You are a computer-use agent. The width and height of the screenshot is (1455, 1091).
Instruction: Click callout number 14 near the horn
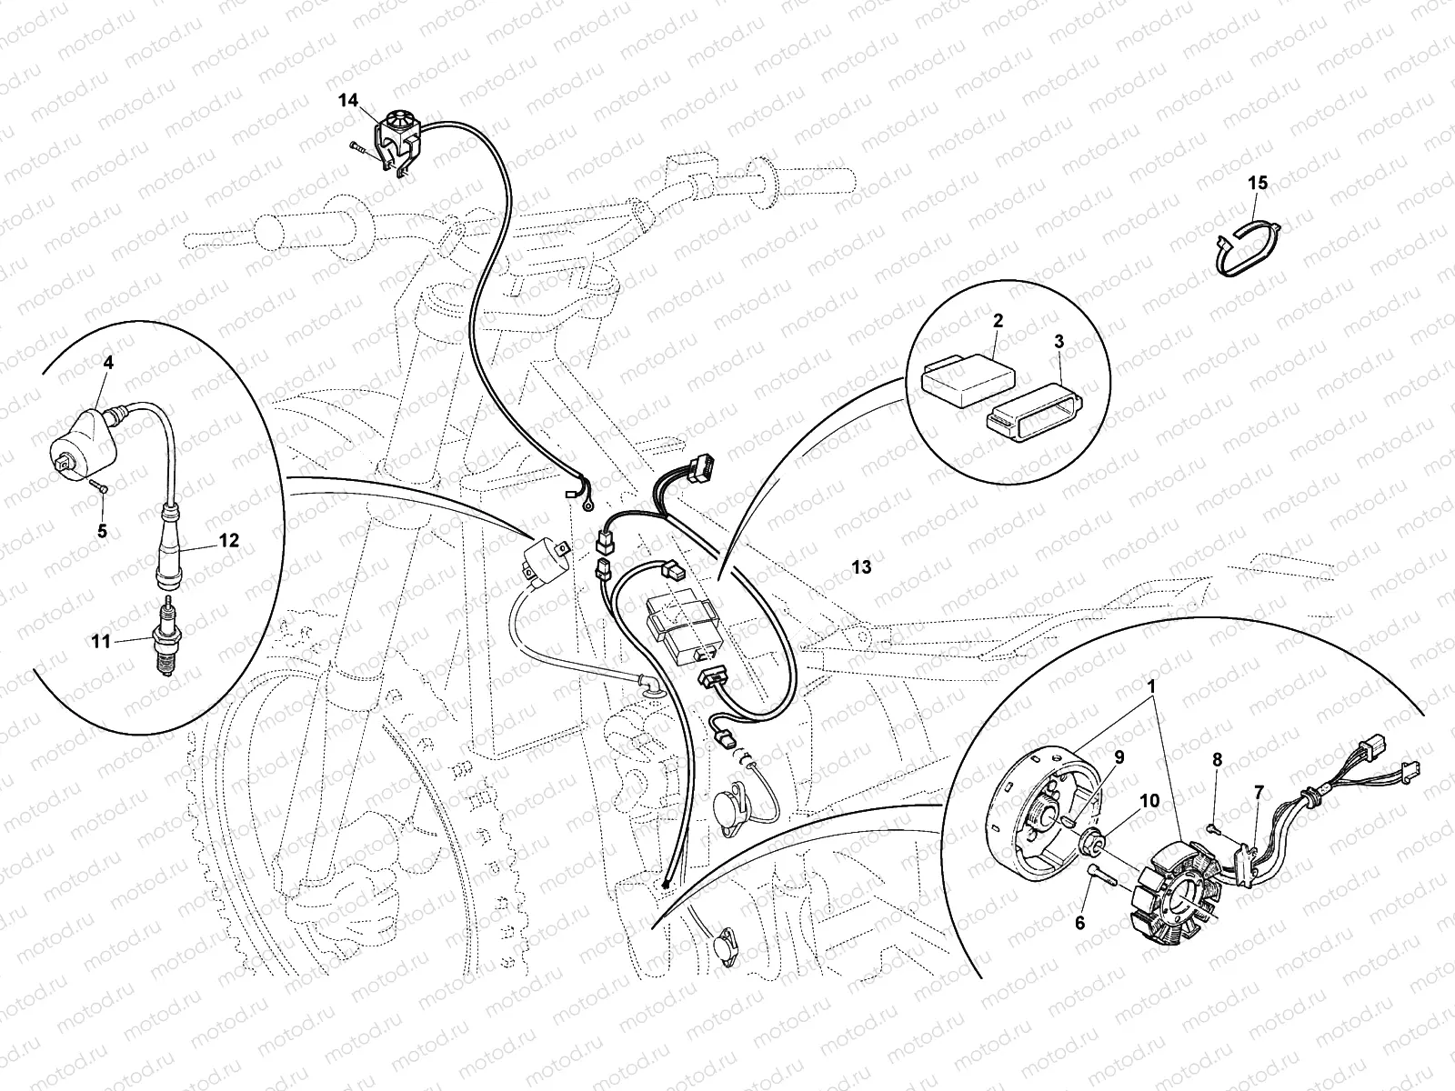349,101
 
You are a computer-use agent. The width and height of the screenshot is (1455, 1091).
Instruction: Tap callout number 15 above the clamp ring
1257,184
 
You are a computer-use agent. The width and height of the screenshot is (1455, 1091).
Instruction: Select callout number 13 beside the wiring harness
861,567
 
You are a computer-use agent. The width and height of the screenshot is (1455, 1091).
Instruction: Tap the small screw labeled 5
102,488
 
